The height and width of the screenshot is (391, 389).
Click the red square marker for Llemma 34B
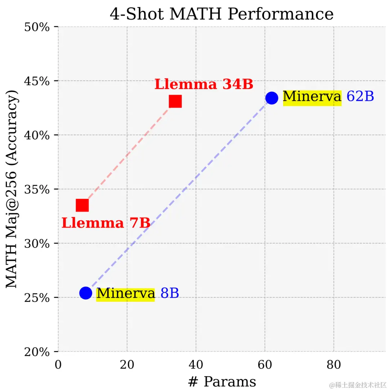click(x=175, y=102)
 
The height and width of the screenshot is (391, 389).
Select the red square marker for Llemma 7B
click(x=82, y=205)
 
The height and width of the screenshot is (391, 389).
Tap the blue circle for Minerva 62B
click(x=272, y=98)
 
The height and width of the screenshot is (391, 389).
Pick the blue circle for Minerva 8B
click(x=85, y=293)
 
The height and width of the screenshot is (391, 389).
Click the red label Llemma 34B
click(x=204, y=85)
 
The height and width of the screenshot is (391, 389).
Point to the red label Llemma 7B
click(x=106, y=223)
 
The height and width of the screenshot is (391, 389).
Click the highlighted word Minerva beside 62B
click(x=312, y=97)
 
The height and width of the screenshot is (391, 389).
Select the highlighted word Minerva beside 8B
click(x=125, y=293)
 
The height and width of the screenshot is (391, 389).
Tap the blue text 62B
click(x=360, y=97)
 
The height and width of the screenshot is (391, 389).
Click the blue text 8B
click(x=170, y=293)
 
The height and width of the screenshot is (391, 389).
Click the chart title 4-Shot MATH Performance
click(x=222, y=14)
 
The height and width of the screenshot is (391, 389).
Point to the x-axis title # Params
click(x=222, y=382)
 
